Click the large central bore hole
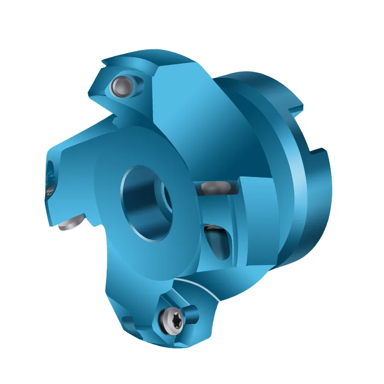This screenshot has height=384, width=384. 144,202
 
